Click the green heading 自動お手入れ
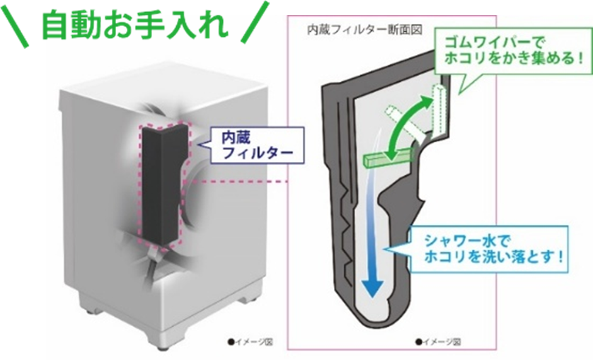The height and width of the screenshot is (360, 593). point(134,26)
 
